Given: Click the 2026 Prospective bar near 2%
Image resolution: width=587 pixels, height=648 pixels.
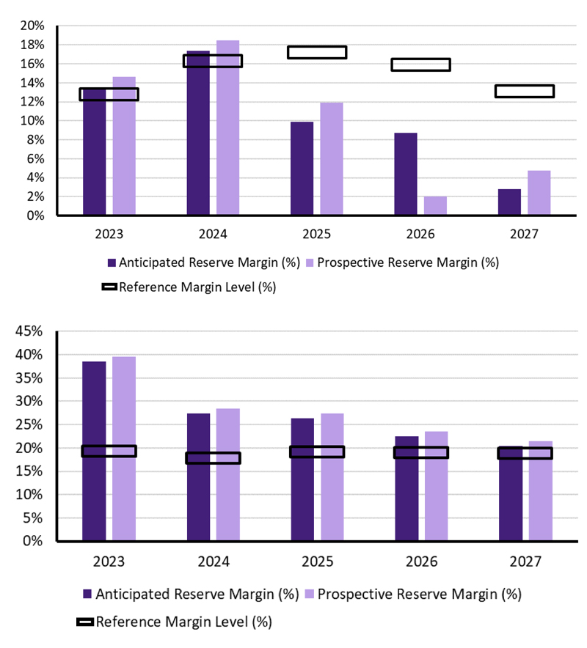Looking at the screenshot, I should [x=435, y=206].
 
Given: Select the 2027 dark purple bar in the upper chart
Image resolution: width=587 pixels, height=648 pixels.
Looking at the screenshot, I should [x=509, y=202].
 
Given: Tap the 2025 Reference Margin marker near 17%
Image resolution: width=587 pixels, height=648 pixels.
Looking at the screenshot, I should [x=317, y=52].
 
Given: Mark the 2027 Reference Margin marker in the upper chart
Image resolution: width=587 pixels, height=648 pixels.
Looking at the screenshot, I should [x=524, y=92].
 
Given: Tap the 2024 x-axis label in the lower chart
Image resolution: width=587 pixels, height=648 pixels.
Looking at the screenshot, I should [x=213, y=562].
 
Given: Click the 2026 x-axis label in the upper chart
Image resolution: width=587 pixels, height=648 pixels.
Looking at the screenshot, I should [x=420, y=235].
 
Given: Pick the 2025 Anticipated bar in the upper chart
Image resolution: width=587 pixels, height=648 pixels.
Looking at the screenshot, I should [x=302, y=169].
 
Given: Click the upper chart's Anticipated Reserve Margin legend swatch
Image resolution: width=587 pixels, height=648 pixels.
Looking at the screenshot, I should [x=112, y=262].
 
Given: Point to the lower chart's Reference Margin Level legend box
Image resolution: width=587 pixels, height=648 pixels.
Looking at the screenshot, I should [x=85, y=622].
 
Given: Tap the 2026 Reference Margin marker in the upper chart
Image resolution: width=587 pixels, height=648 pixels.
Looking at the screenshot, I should [x=420, y=65].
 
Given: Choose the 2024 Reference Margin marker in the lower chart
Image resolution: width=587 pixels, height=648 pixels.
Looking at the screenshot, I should [x=213, y=458].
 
